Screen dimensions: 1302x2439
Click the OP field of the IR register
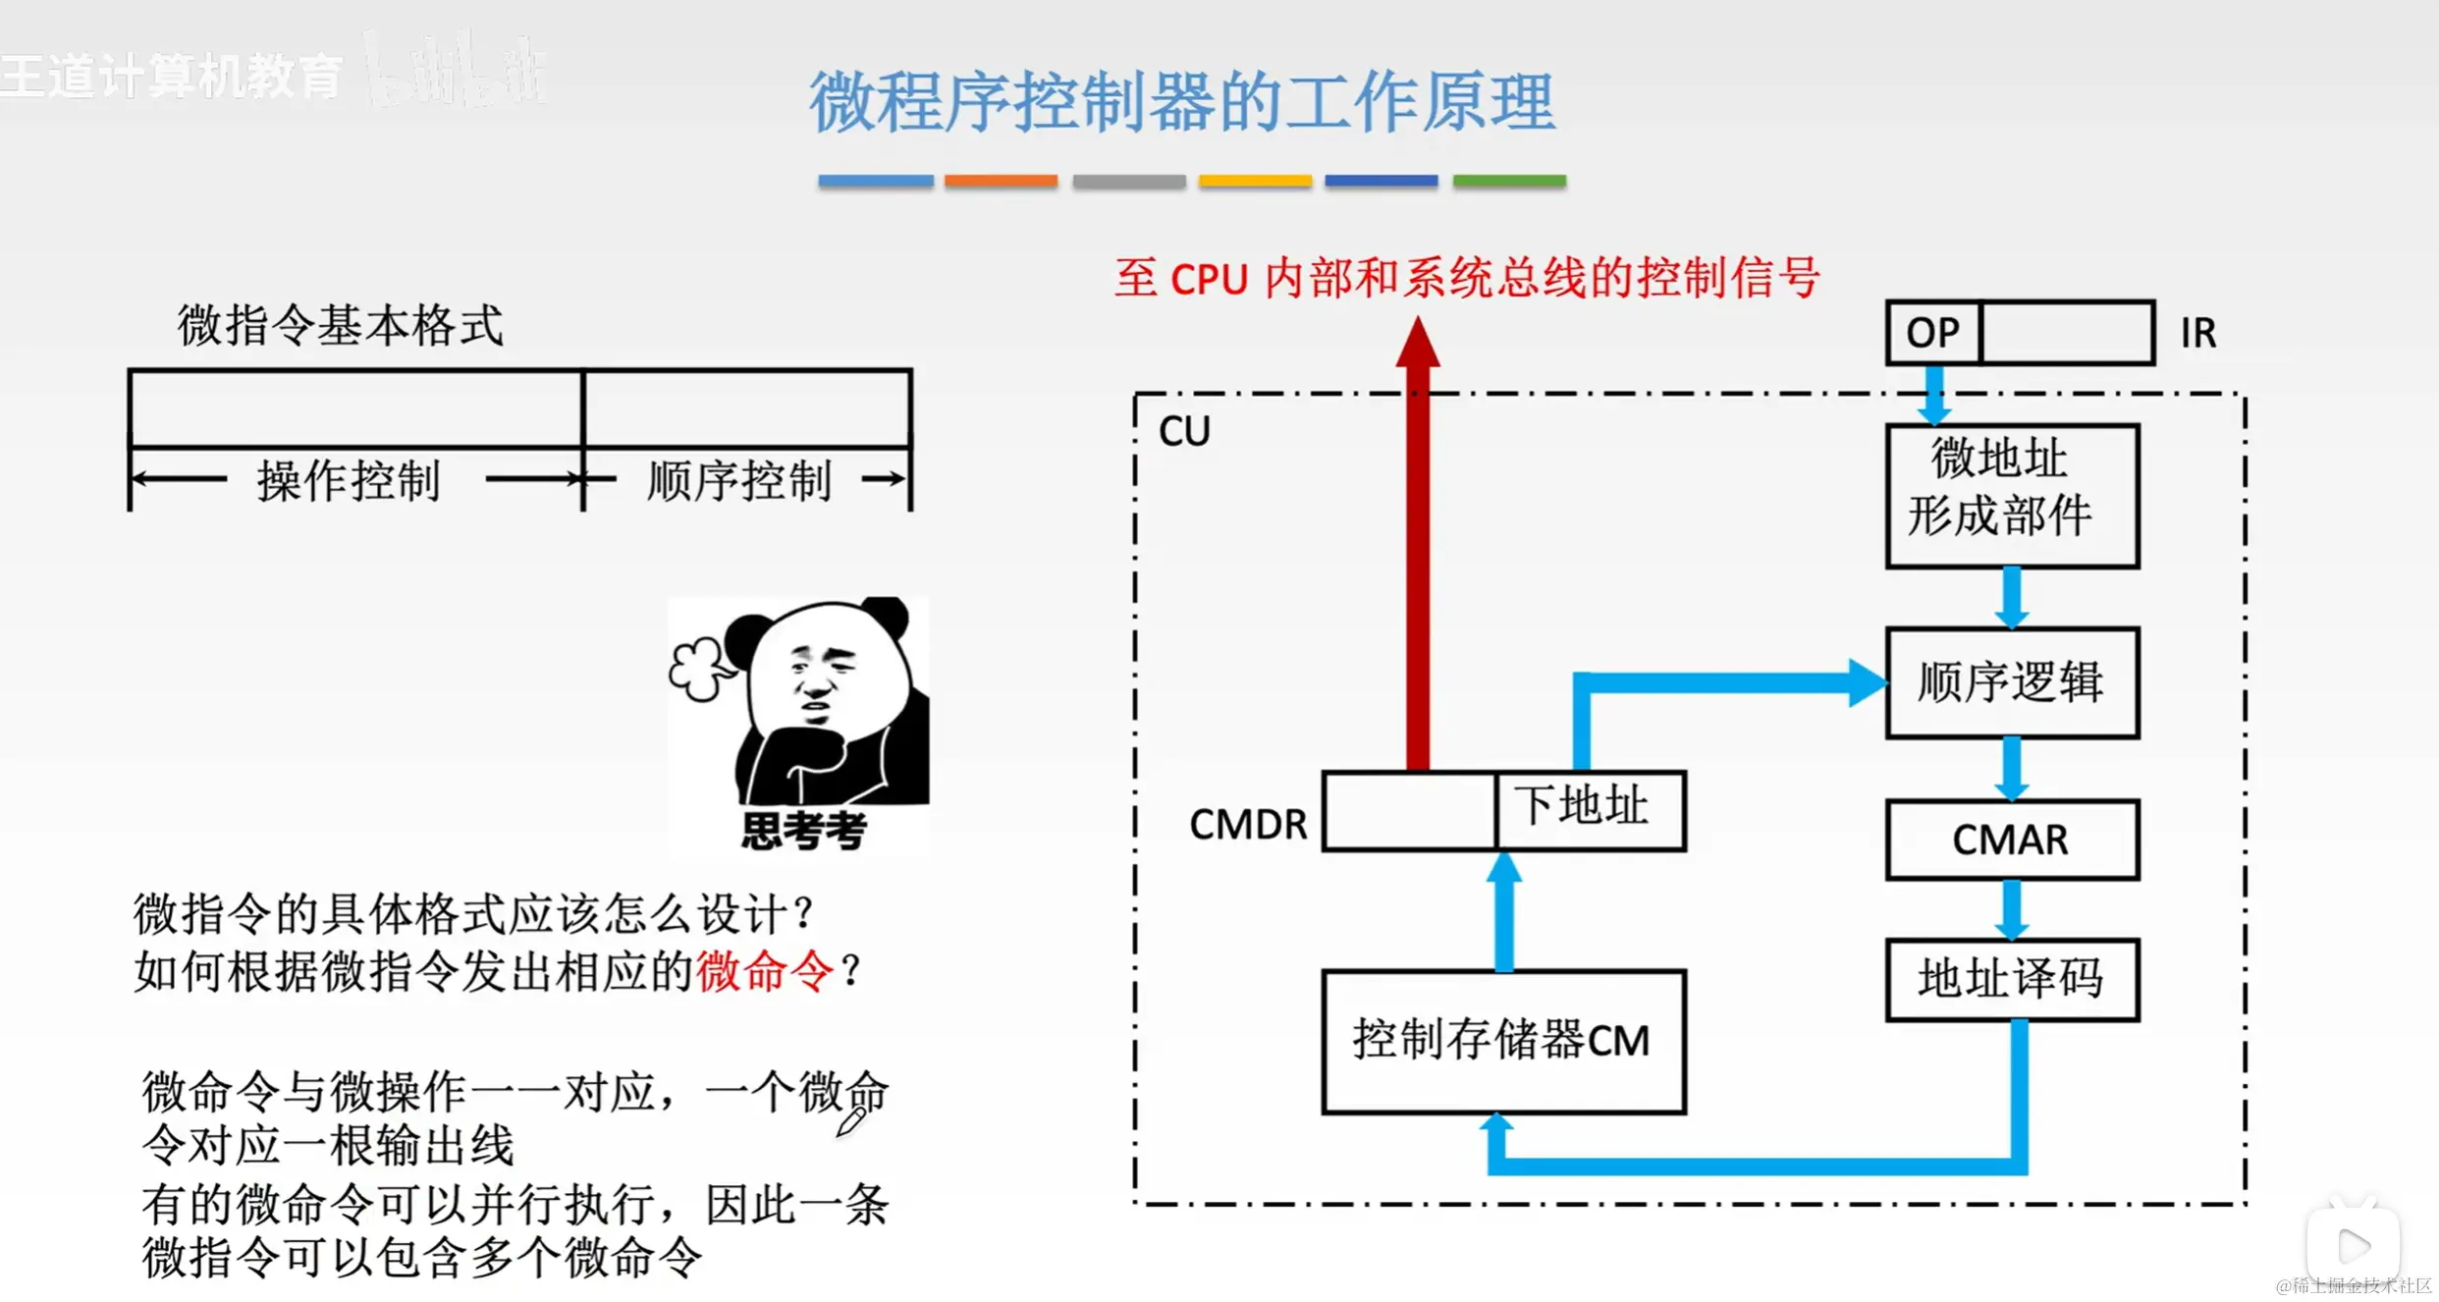[x=1932, y=333]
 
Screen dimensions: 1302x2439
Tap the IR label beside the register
[x=2197, y=333]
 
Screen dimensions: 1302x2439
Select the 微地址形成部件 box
[x=2011, y=496]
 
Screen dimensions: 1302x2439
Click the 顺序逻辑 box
[x=2011, y=682]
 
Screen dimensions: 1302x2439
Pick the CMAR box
[x=2011, y=840]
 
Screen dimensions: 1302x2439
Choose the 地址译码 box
[x=2011, y=979]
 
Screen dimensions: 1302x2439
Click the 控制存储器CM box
[x=1502, y=1041]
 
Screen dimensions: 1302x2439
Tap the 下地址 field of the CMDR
[x=1589, y=809]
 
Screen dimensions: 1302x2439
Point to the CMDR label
[x=1247, y=825]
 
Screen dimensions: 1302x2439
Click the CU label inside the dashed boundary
[x=1184, y=431]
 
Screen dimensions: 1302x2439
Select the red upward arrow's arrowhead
[x=1418, y=344]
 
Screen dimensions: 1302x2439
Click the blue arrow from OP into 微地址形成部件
[x=1933, y=396]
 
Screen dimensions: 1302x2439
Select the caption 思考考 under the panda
[x=803, y=831]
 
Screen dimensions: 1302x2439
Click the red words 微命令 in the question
[x=764, y=972]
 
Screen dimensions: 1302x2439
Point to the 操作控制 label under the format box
[x=349, y=481]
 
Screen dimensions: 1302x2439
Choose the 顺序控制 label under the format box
[x=738, y=481]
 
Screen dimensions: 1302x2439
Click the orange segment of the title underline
[x=1001, y=181]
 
